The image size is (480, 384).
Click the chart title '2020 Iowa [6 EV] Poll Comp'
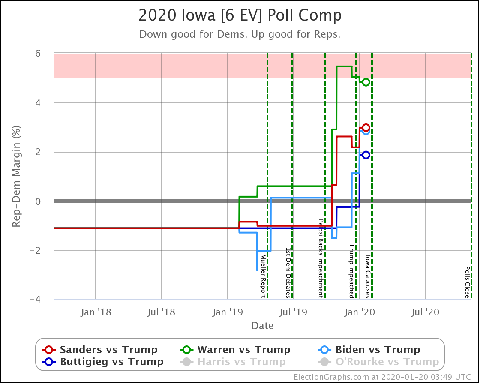tap(240, 16)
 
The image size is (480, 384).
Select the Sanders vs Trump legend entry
tap(101, 349)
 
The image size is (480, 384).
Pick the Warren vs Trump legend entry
tap(235, 349)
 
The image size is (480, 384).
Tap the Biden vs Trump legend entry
tap(369, 349)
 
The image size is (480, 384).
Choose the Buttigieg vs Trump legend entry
tap(103, 362)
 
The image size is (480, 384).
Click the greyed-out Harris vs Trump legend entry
tap(233, 362)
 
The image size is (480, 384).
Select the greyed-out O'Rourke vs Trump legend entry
tap(379, 362)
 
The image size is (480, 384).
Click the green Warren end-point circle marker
tap(366, 82)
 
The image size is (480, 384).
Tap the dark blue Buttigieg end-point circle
tap(366, 155)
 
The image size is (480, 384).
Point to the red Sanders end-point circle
tap(366, 128)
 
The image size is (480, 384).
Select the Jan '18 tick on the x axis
tap(96, 312)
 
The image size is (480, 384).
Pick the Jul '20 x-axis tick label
tap(426, 312)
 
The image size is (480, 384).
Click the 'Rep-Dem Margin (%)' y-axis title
tap(16, 177)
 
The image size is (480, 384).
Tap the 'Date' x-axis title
tap(262, 326)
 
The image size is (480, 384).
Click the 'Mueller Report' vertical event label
tap(263, 276)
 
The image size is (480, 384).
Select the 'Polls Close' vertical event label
tap(467, 282)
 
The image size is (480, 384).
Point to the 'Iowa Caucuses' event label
tap(368, 276)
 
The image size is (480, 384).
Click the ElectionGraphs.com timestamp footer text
tap(382, 377)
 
